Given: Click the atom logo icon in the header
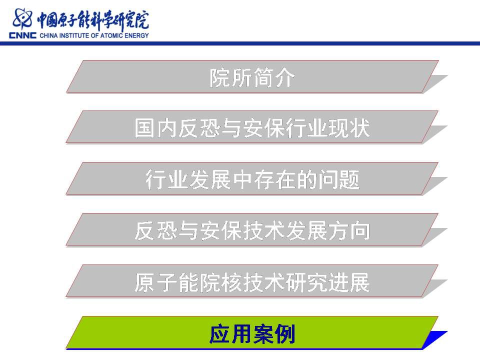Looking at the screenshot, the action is pyautogui.click(x=22, y=19).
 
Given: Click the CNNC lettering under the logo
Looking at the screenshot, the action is pyautogui.click(x=22, y=35).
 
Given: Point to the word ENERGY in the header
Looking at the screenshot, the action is pyautogui.click(x=136, y=35).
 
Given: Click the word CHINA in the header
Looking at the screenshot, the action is pyautogui.click(x=48, y=35).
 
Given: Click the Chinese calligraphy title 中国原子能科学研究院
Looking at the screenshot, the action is pyautogui.click(x=93, y=20).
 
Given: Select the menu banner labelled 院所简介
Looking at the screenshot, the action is pyautogui.click(x=252, y=76).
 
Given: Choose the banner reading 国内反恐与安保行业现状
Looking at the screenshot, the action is pyautogui.click(x=252, y=127).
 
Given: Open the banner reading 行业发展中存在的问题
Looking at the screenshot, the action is pyautogui.click(x=252, y=179).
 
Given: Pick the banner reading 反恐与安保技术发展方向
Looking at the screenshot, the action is pyautogui.click(x=252, y=230).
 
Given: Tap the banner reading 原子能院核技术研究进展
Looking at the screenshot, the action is pyautogui.click(x=252, y=281).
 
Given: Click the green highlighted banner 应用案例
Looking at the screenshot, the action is pyautogui.click(x=252, y=333).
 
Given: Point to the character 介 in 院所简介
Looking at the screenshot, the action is pyautogui.click(x=284, y=77).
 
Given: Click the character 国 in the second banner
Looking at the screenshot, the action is pyautogui.click(x=144, y=128).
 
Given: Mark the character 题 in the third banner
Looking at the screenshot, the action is pyautogui.click(x=349, y=179).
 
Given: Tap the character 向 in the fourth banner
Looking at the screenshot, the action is pyautogui.click(x=360, y=231).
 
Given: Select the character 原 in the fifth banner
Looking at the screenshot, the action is pyautogui.click(x=145, y=282).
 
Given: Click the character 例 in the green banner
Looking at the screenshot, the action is pyautogui.click(x=284, y=333).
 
